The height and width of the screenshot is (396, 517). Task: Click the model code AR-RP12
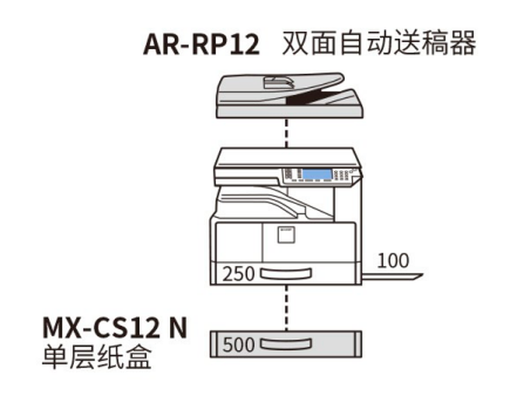click(x=201, y=43)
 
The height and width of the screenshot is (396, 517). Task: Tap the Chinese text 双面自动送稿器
click(x=378, y=42)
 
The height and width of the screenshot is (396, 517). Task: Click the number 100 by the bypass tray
click(x=394, y=260)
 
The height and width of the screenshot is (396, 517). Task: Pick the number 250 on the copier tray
click(x=239, y=273)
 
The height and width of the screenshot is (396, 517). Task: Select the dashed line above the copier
click(x=286, y=132)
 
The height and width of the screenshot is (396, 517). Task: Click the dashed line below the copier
click(x=286, y=306)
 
